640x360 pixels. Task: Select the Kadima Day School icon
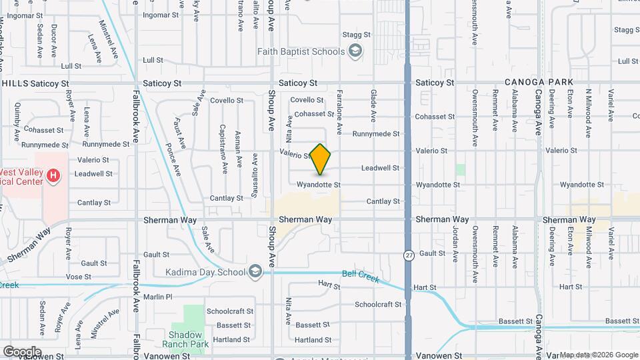click(x=255, y=271)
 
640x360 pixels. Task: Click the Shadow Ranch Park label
click(x=185, y=339)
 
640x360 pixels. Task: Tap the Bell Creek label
click(x=360, y=276)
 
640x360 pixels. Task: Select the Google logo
click(x=21, y=351)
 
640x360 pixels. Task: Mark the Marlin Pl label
click(x=158, y=297)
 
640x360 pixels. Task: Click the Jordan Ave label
click(x=456, y=244)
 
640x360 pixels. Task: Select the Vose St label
click(x=78, y=277)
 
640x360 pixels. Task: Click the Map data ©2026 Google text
click(x=598, y=354)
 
